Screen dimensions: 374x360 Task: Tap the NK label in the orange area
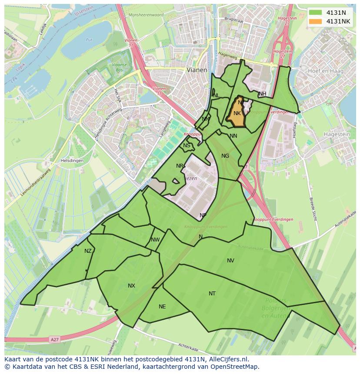click(237, 113)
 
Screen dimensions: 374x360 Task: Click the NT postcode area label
click(212, 294)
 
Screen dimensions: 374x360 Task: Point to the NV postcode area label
click(230, 261)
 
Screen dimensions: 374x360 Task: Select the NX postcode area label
click(131, 286)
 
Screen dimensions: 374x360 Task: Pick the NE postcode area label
click(162, 307)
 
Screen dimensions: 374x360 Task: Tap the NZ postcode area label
click(88, 251)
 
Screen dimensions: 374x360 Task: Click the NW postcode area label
click(155, 240)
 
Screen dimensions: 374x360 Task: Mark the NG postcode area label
click(225, 156)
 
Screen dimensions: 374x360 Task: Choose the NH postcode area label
click(262, 94)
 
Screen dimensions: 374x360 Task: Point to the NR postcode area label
click(180, 166)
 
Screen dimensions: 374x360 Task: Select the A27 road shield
click(54, 339)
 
